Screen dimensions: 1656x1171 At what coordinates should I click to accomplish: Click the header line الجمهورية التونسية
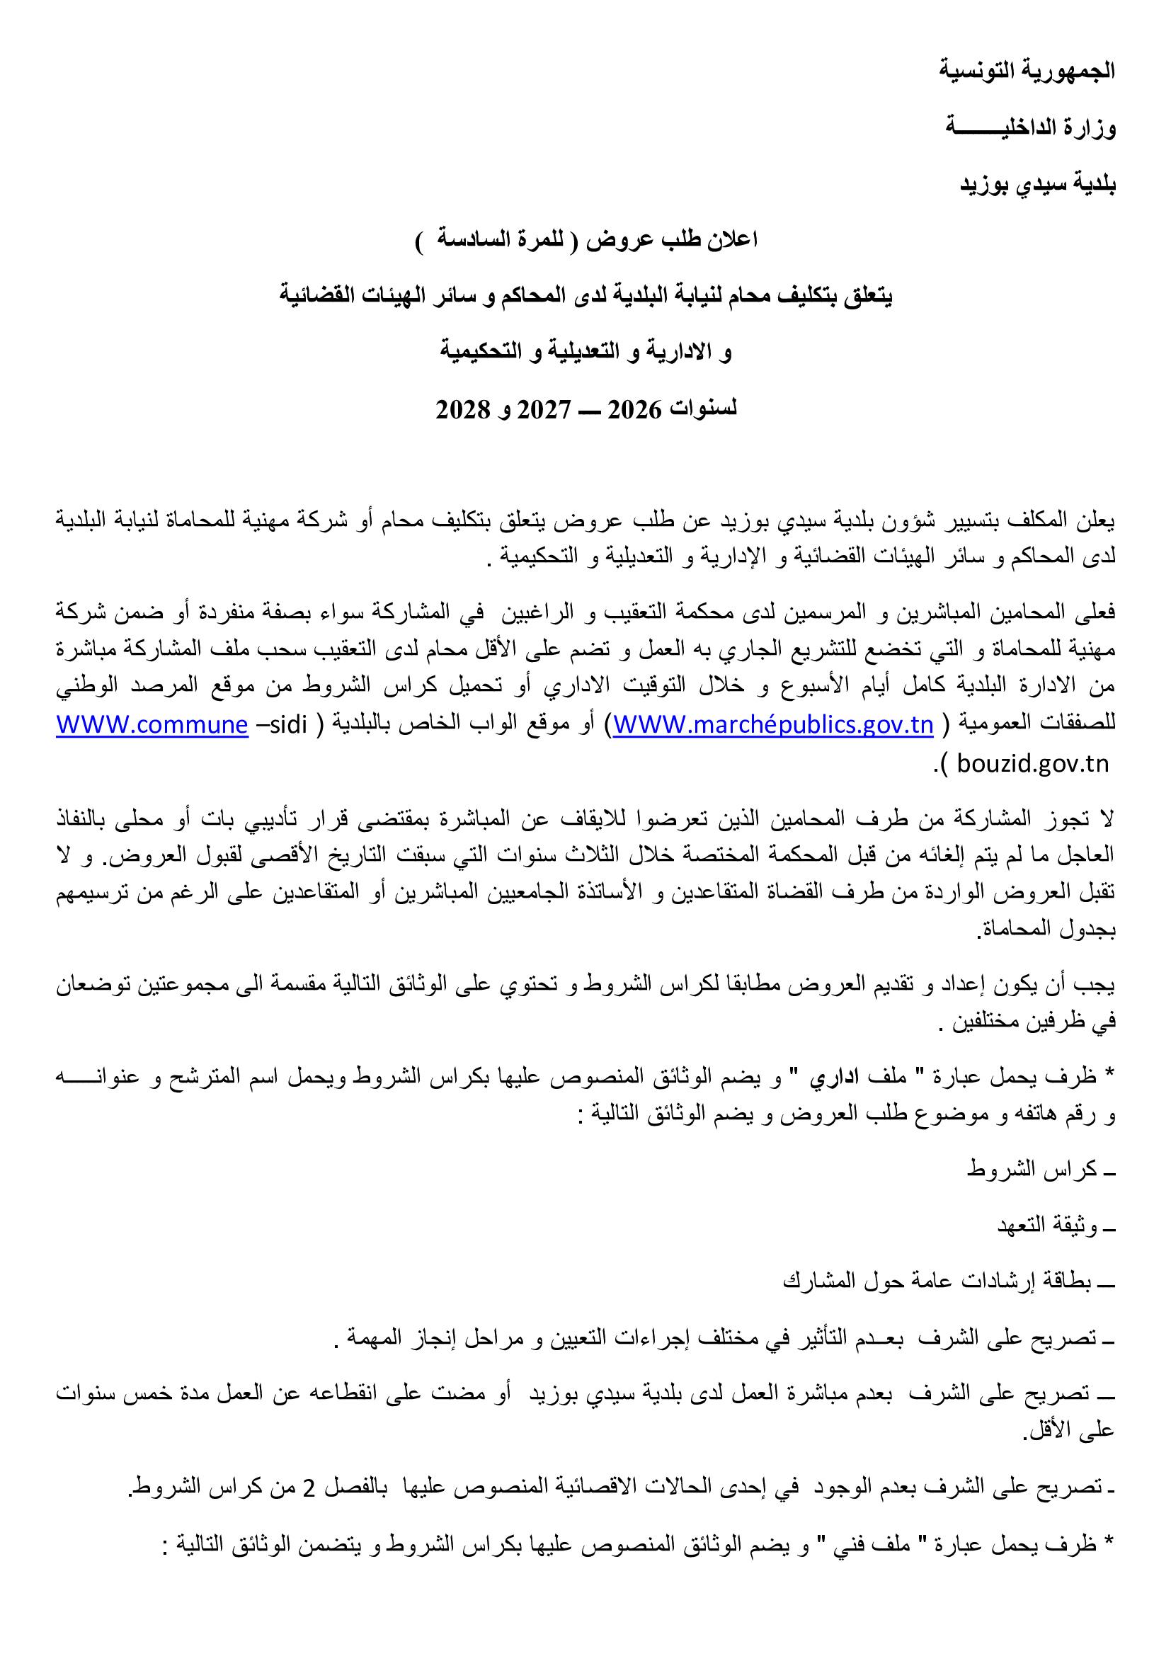[x=1027, y=70]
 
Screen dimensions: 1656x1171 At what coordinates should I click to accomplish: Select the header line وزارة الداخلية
[x=1030, y=127]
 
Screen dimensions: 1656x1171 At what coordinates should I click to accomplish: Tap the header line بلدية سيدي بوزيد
[x=1038, y=185]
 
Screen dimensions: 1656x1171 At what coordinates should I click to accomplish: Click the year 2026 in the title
[x=634, y=410]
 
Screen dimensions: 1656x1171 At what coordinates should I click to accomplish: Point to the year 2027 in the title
[x=544, y=410]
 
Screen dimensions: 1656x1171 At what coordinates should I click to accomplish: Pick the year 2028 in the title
[x=463, y=410]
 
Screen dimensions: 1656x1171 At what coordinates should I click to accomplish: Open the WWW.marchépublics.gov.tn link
[x=773, y=724]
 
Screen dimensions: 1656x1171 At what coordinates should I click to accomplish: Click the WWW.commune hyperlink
[x=152, y=724]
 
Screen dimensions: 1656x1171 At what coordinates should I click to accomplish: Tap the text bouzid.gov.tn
[x=1032, y=763]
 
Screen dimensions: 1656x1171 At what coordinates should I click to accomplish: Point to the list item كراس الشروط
[x=1032, y=1168]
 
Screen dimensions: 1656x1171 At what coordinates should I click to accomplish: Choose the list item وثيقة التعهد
[x=1047, y=1224]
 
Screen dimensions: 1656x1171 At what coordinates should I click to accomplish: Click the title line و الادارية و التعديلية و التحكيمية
[x=585, y=352]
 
